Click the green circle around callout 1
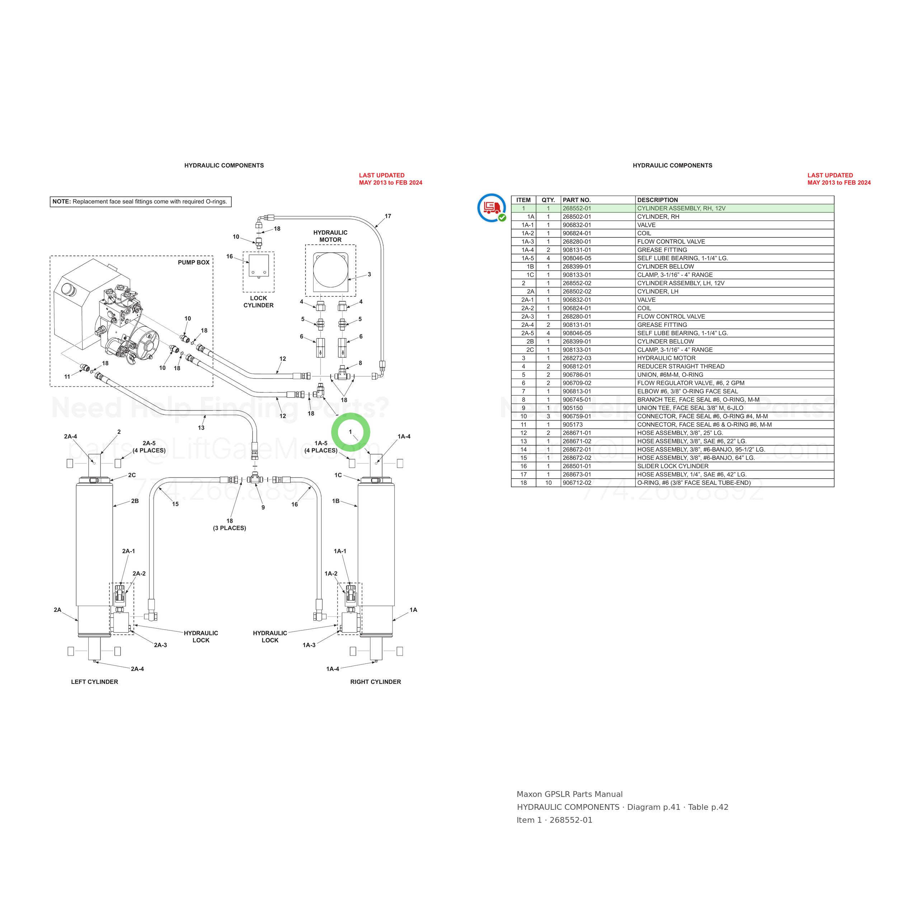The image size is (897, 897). (351, 415)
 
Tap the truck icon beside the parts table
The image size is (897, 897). (492, 207)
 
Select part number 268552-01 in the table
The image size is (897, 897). (577, 208)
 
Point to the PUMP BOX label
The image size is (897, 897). (194, 262)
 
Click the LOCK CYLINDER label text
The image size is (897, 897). (259, 302)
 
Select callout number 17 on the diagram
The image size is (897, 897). (388, 216)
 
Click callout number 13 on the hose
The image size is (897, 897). (201, 428)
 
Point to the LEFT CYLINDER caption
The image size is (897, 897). (94, 682)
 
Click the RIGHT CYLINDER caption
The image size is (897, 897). (376, 682)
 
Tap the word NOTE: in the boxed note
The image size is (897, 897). (61, 202)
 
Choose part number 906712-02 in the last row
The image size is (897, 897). (577, 483)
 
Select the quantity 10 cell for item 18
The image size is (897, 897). (548, 483)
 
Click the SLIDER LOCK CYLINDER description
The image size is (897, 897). (673, 466)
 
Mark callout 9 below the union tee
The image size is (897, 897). (263, 507)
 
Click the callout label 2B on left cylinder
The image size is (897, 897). (135, 501)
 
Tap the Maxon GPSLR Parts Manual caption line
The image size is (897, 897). (570, 794)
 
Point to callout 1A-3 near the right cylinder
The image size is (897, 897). (309, 645)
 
